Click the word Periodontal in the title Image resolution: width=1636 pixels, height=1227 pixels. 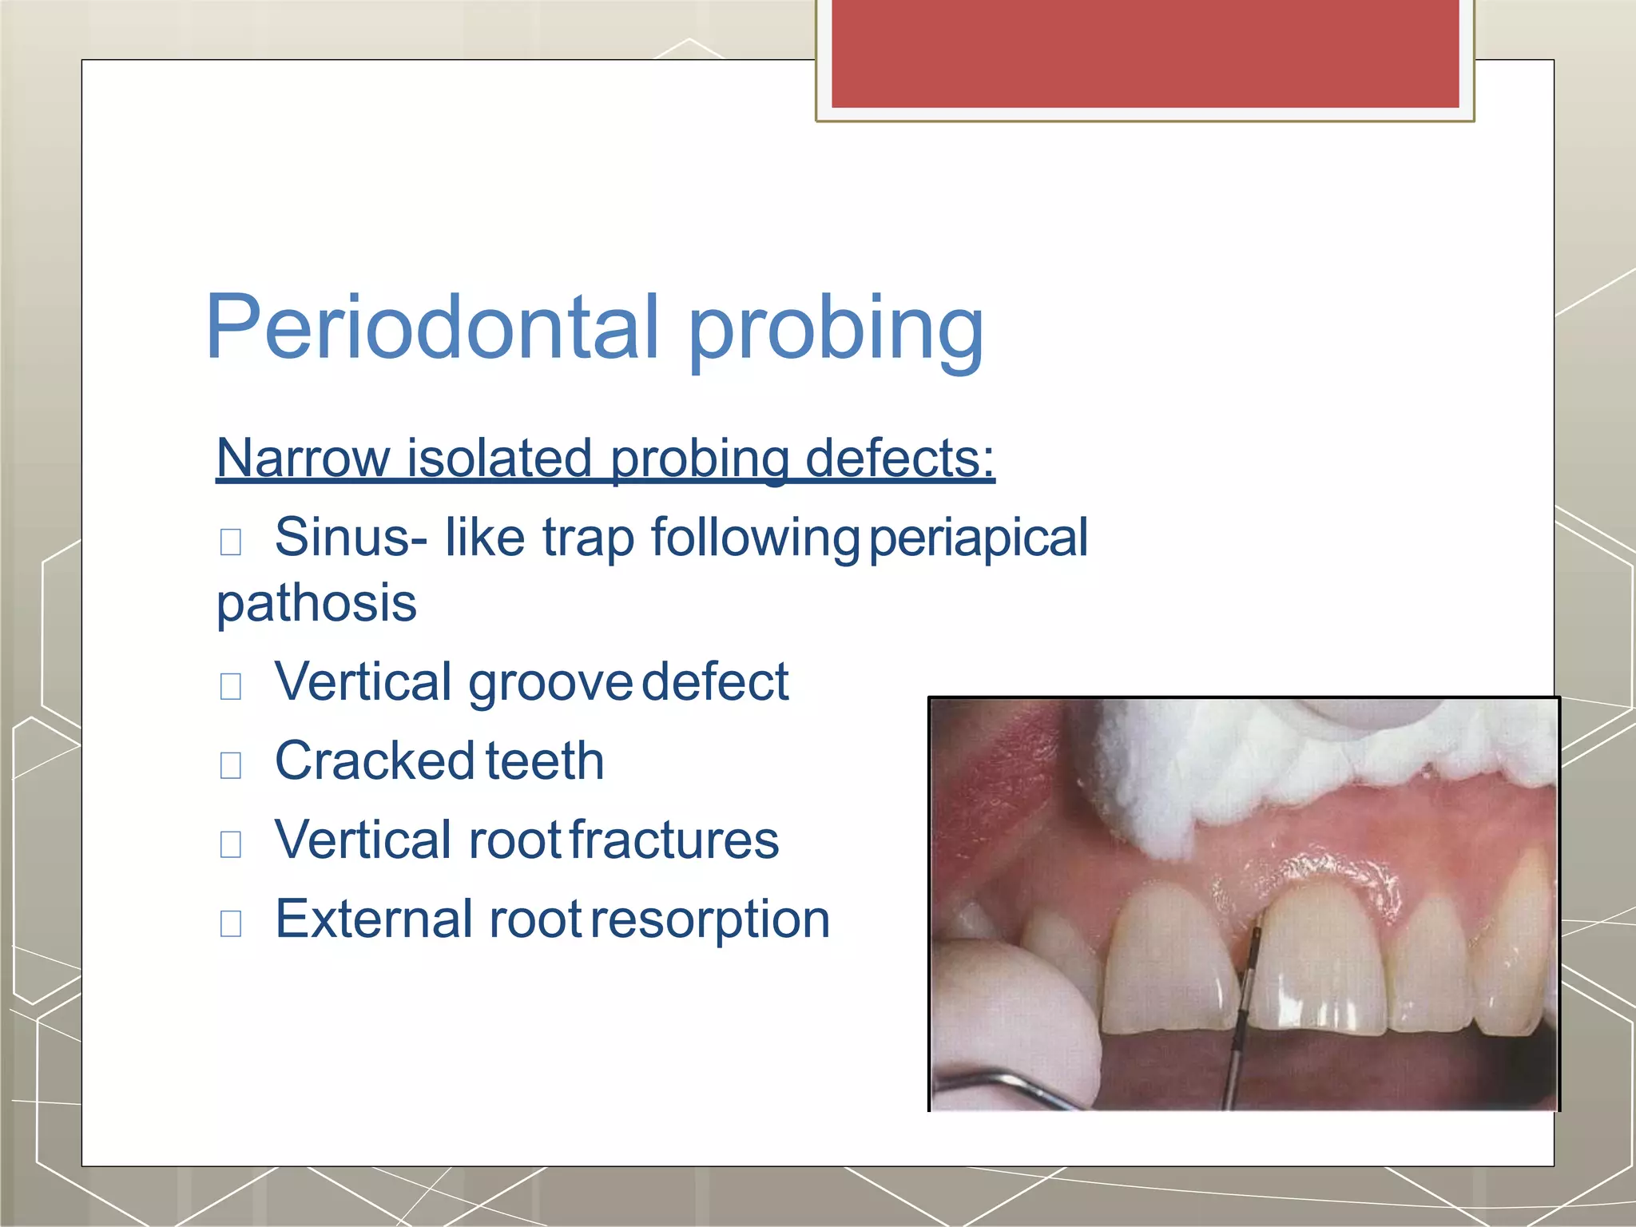432,328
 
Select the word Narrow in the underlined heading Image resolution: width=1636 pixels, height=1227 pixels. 303,459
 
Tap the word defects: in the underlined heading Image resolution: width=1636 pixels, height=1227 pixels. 899,459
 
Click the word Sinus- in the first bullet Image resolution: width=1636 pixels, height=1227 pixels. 351,537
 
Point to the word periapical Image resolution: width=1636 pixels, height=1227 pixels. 978,538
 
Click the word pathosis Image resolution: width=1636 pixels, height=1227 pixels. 316,604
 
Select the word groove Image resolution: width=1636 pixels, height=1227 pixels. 550,683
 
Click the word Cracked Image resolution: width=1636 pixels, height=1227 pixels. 375,761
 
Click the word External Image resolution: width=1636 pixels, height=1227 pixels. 375,919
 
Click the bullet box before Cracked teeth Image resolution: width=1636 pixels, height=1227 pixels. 231,764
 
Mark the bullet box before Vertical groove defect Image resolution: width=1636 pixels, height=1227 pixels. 231,685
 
